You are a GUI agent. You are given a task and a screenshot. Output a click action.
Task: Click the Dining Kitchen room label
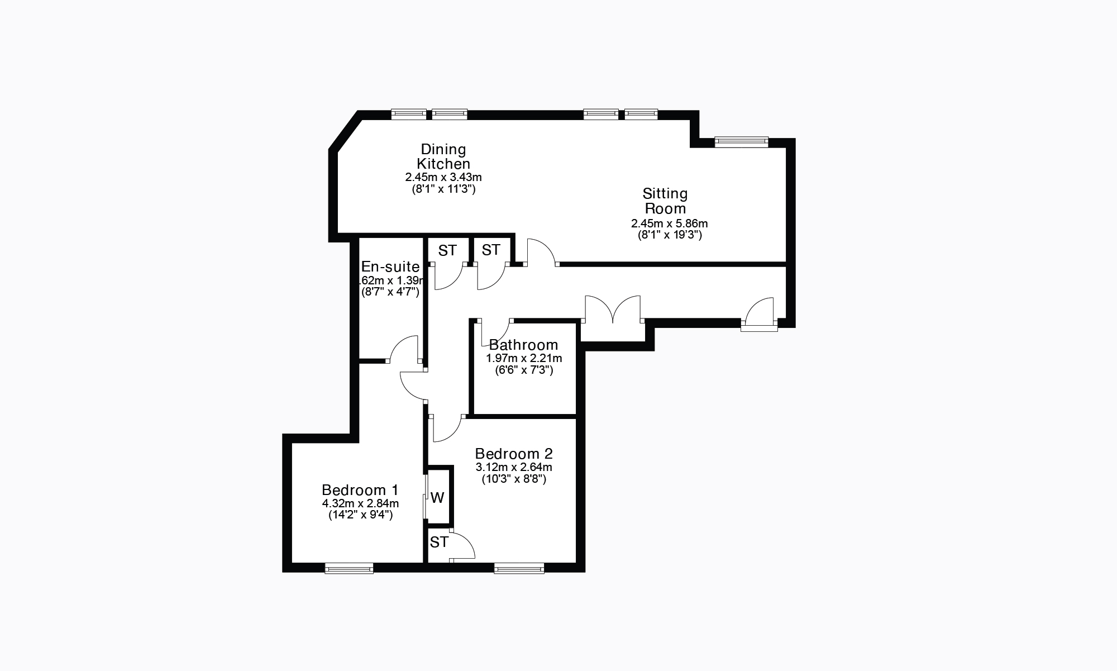443,156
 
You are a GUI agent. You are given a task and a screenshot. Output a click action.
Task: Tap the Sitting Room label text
665,201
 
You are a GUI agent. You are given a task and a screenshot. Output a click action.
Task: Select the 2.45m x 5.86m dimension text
669,223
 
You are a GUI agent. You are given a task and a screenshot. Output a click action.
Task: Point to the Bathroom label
523,345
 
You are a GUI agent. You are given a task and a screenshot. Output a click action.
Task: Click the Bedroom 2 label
514,453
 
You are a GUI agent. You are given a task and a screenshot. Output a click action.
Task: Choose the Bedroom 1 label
360,490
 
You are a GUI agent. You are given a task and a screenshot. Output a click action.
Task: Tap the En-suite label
390,267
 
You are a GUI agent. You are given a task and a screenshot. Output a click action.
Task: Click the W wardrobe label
437,498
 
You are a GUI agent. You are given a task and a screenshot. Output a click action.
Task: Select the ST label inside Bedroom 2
439,542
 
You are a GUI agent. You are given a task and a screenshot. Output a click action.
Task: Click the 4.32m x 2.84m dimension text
360,503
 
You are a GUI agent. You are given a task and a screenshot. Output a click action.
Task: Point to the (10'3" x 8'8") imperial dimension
514,479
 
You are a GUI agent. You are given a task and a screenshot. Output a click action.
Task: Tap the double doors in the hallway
613,309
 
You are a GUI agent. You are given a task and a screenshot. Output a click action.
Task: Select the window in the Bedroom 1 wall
349,569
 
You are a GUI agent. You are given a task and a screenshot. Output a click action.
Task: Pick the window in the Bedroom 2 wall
519,569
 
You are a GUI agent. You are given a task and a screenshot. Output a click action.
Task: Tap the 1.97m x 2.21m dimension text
524,358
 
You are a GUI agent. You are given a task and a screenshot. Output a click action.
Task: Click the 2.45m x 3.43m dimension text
443,177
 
